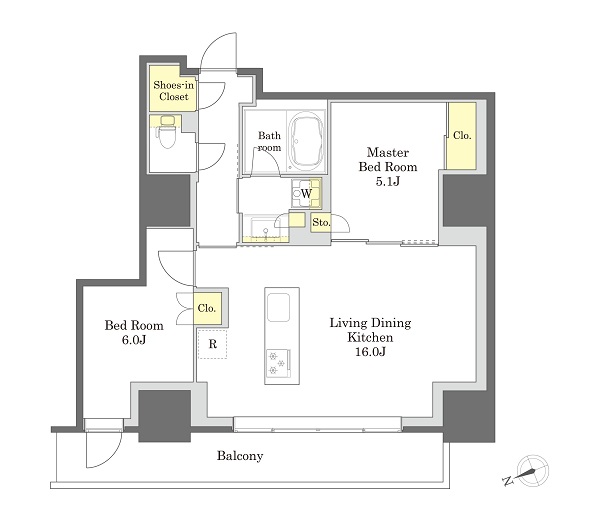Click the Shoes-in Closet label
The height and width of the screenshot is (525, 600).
(x=173, y=91)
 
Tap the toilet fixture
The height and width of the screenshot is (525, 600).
(x=166, y=132)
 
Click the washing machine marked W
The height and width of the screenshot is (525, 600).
(x=307, y=193)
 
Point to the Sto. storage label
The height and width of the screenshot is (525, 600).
(x=321, y=222)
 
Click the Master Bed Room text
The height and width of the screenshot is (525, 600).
(x=388, y=160)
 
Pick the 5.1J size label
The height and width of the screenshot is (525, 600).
(x=387, y=181)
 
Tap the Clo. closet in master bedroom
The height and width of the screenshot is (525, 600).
(x=462, y=135)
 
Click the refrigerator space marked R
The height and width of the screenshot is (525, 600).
(x=213, y=344)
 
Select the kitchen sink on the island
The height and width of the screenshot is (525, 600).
(x=278, y=308)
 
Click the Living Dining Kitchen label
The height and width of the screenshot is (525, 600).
(x=370, y=330)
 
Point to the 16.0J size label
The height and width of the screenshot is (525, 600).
(x=370, y=352)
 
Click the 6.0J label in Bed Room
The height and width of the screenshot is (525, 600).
(x=134, y=340)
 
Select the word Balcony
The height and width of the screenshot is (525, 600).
(x=240, y=456)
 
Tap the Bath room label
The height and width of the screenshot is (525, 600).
(x=269, y=141)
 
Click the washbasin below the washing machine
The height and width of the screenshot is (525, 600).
(x=265, y=229)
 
